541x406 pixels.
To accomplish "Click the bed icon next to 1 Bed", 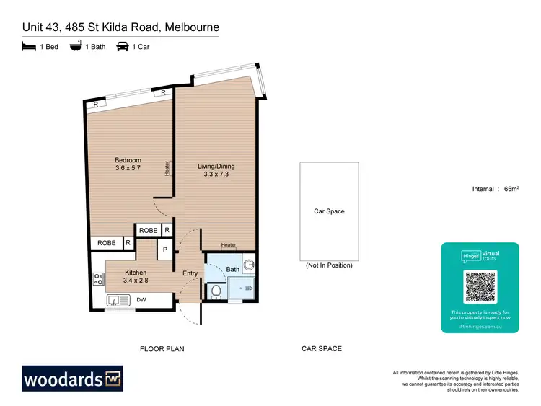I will click(x=29, y=47).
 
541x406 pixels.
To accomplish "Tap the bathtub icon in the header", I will click(x=75, y=47).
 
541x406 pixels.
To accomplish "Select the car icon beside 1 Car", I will click(x=122, y=47).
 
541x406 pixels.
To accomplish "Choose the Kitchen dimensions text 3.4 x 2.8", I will click(x=135, y=281).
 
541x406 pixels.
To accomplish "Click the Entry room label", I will click(x=190, y=273).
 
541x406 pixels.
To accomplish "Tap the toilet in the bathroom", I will click(x=216, y=291).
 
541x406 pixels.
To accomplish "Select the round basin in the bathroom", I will click(x=249, y=265).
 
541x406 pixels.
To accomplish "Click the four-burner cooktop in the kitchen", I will click(x=99, y=279).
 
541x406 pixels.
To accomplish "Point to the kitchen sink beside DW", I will click(x=118, y=301).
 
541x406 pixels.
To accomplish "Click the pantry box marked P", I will click(x=164, y=250).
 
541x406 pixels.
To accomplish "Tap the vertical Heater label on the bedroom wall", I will click(x=167, y=168).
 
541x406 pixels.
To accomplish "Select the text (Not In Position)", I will click(x=329, y=265).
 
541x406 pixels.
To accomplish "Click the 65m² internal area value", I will click(x=511, y=189).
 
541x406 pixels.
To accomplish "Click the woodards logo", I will click(x=72, y=379).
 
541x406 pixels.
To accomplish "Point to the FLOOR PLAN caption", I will click(x=162, y=349).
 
